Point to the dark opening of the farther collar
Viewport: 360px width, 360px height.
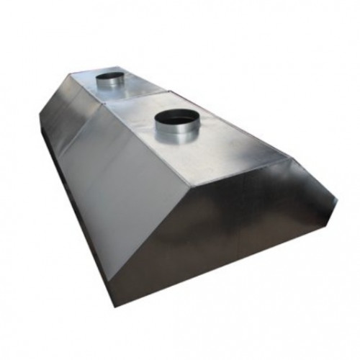pyautogui.click(x=111, y=75)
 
